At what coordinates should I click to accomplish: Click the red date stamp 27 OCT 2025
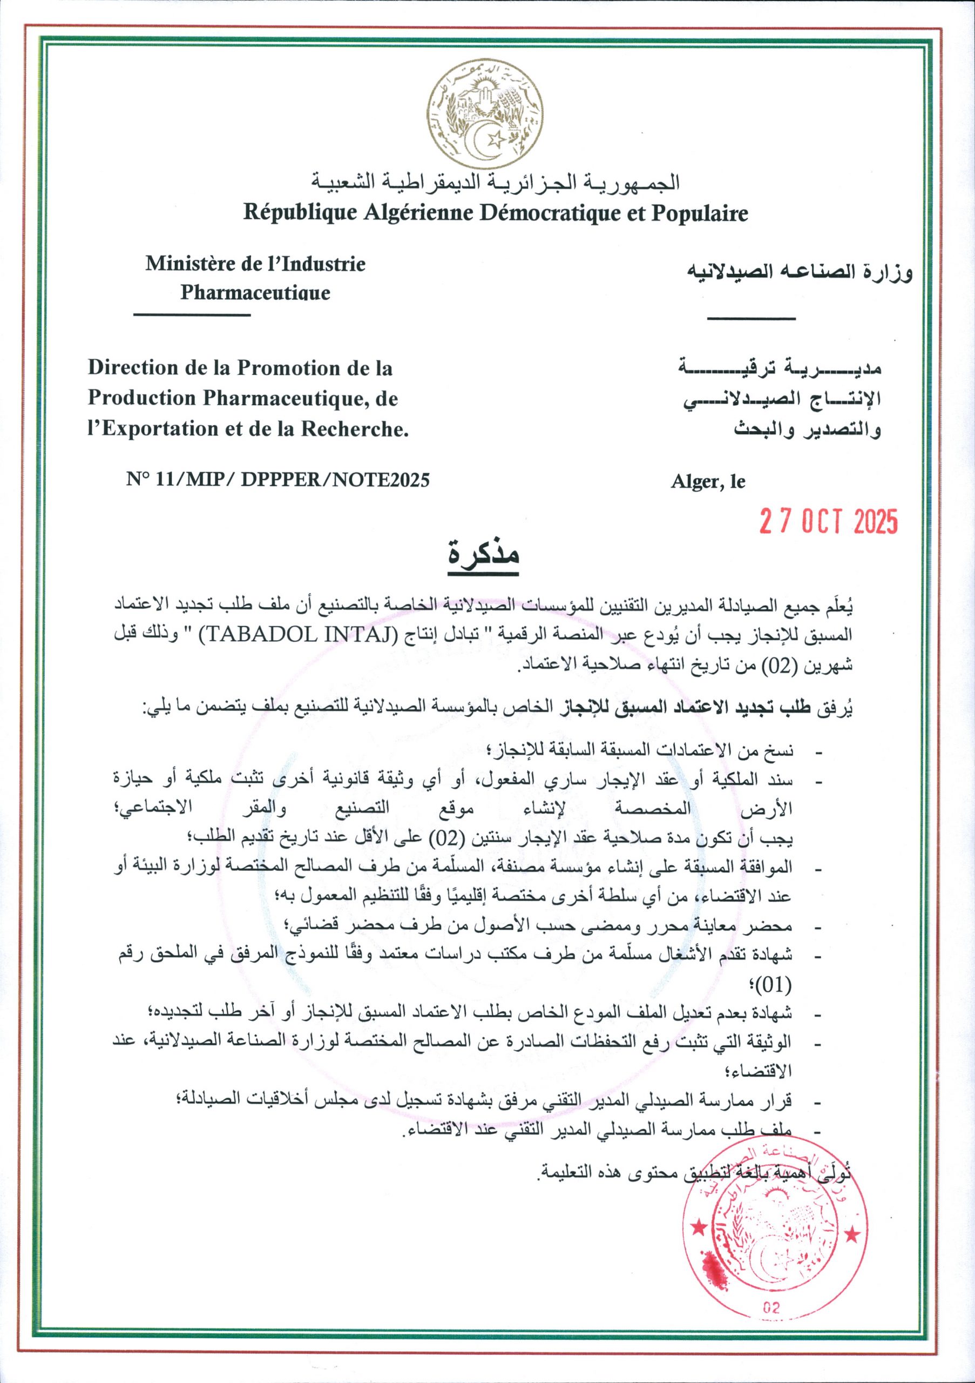click(829, 521)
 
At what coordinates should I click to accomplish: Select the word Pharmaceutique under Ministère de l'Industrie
click(255, 293)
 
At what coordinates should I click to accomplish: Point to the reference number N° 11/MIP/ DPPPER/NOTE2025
click(277, 480)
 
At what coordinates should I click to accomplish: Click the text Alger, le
click(708, 482)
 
